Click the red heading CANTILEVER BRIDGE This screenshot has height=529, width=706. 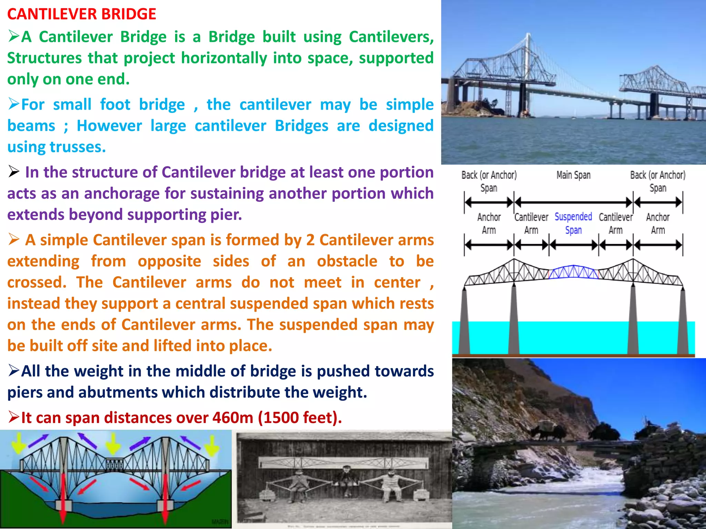(82, 14)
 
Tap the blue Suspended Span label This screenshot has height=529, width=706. (573, 223)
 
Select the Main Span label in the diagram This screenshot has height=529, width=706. (573, 175)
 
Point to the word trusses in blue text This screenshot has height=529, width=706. (78, 147)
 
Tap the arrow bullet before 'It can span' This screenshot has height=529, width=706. (14, 417)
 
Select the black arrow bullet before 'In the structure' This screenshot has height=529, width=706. (14, 171)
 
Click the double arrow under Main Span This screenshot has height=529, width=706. (573, 202)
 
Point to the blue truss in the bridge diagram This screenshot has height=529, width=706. (573, 272)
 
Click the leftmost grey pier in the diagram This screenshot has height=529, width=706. (465, 320)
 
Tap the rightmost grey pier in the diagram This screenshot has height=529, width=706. (682, 320)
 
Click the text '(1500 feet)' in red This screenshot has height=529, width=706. (300, 418)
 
